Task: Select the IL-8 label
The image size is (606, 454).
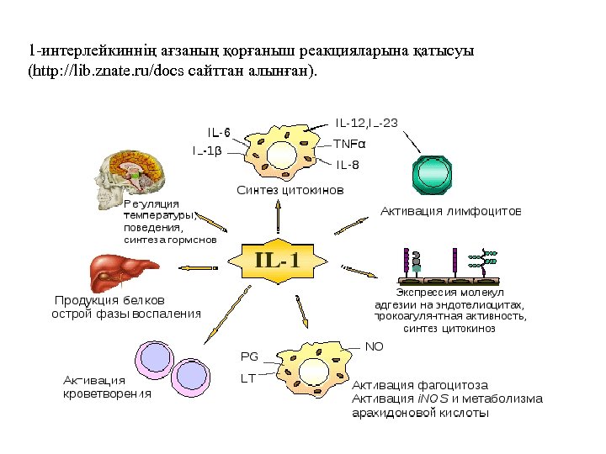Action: pos(348,164)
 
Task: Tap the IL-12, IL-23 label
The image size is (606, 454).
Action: pos(367,123)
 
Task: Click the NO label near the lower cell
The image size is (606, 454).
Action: pos(375,346)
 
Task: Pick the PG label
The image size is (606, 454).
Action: pos(249,356)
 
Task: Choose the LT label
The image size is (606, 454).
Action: pos(248,378)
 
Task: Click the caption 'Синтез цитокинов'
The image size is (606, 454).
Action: pos(290,191)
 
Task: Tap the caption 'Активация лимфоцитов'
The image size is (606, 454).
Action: pos(451,210)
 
